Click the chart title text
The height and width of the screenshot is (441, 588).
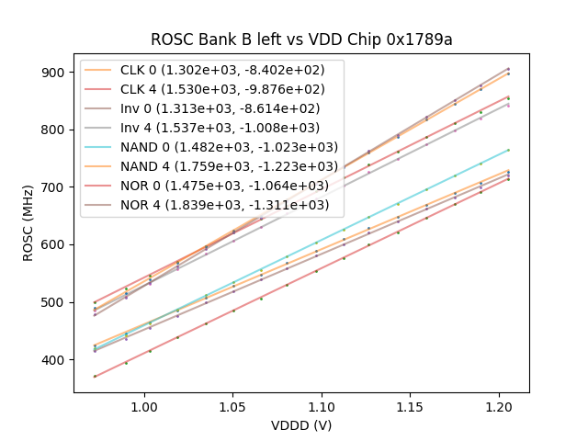(x=301, y=40)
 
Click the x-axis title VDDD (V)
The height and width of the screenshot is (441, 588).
(x=301, y=425)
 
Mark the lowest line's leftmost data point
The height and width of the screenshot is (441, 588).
(x=95, y=376)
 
